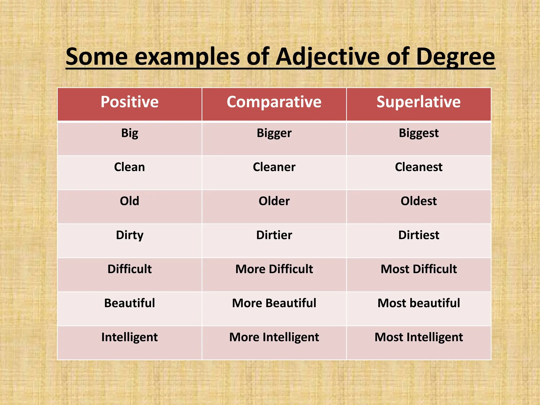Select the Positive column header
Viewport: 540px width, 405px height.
pyautogui.click(x=129, y=102)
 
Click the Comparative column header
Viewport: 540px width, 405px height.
pyautogui.click(x=274, y=102)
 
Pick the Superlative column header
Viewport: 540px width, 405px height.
pyautogui.click(x=418, y=102)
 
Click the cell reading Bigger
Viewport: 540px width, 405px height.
pyautogui.click(x=274, y=133)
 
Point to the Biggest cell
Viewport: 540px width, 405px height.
pyautogui.click(x=418, y=133)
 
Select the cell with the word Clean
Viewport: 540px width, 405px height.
pyautogui.click(x=129, y=167)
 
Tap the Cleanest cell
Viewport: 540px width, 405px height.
pyautogui.click(x=418, y=167)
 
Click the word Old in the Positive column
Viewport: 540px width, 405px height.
pyautogui.click(x=129, y=201)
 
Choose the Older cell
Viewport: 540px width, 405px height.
pyautogui.click(x=274, y=201)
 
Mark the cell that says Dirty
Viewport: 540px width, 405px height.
pyautogui.click(x=129, y=235)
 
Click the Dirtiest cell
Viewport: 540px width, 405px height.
pyautogui.click(x=418, y=235)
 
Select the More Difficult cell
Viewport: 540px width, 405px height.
pyautogui.click(x=274, y=269)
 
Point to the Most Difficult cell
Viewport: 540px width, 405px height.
pyautogui.click(x=418, y=269)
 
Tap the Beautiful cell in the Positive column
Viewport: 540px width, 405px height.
pyautogui.click(x=129, y=303)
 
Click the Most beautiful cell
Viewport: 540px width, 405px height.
pyautogui.click(x=418, y=303)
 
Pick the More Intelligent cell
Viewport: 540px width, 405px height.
pyautogui.click(x=274, y=337)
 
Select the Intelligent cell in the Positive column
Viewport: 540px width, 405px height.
pyautogui.click(x=129, y=337)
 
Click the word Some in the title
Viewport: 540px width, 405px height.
pyautogui.click(x=97, y=57)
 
